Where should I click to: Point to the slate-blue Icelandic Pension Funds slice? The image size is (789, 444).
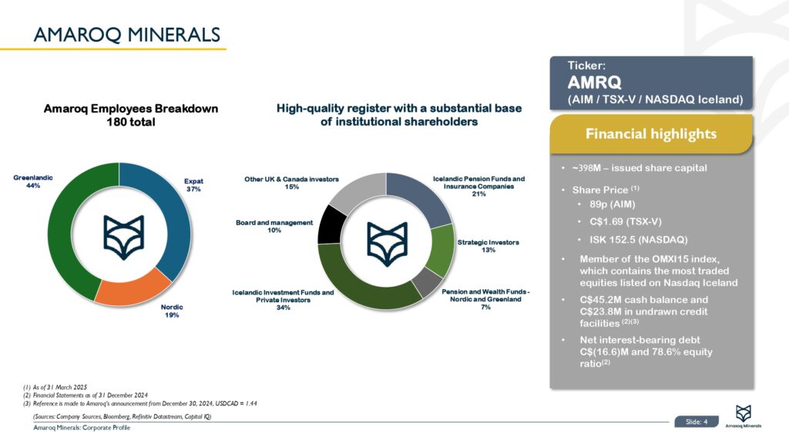pyautogui.click(x=420, y=193)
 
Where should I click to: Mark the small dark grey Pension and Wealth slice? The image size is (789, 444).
pyautogui.click(x=427, y=283)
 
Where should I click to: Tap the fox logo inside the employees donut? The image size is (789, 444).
pyautogui.click(x=124, y=237)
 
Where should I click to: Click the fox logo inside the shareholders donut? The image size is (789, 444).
pyautogui.click(x=387, y=244)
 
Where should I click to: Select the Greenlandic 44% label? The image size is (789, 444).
pyautogui.click(x=33, y=182)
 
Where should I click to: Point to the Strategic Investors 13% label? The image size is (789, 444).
pyautogui.click(x=488, y=246)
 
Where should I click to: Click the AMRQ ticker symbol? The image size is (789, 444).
pyautogui.click(x=594, y=82)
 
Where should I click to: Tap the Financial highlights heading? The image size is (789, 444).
pyautogui.click(x=650, y=134)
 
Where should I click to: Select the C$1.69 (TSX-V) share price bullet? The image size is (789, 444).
pyautogui.click(x=626, y=221)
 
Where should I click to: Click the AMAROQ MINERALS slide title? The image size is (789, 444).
pyautogui.click(x=127, y=35)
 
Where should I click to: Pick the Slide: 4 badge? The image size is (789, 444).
pyautogui.click(x=697, y=422)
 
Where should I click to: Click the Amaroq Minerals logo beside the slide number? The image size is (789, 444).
pyautogui.click(x=744, y=415)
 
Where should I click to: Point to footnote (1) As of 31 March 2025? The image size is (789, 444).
pyautogui.click(x=55, y=387)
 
